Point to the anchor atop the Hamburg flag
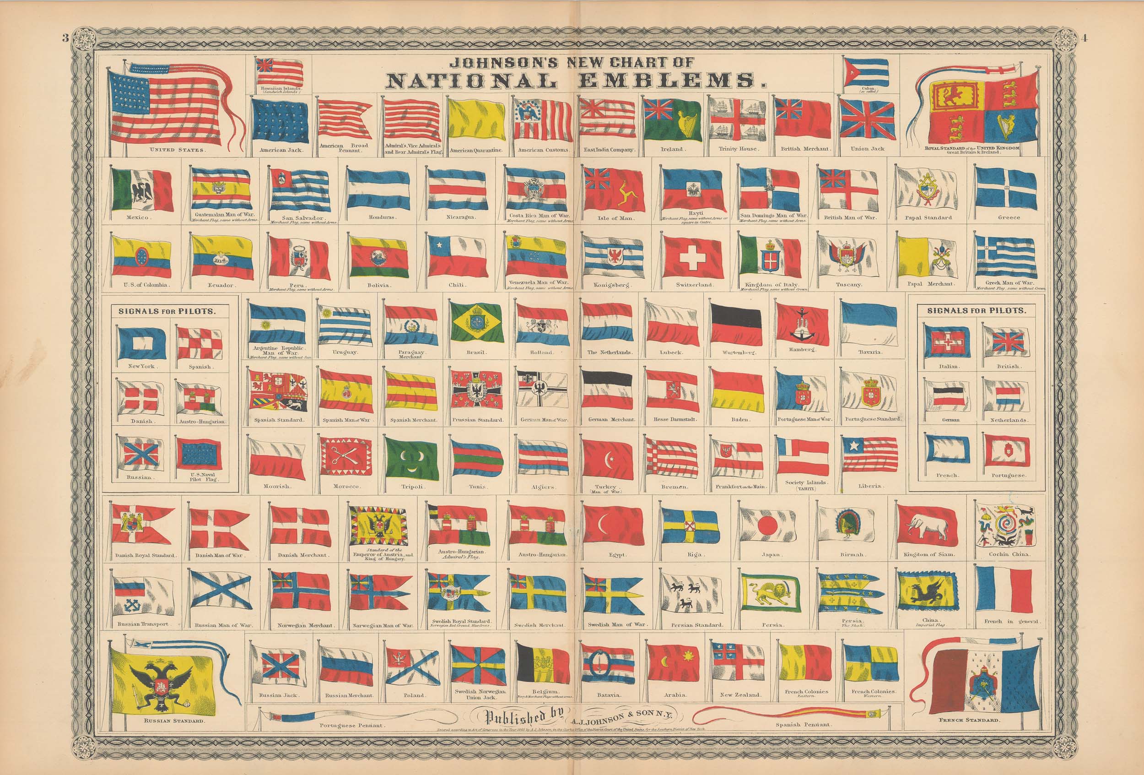click(x=801, y=312)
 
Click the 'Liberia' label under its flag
click(x=869, y=486)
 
